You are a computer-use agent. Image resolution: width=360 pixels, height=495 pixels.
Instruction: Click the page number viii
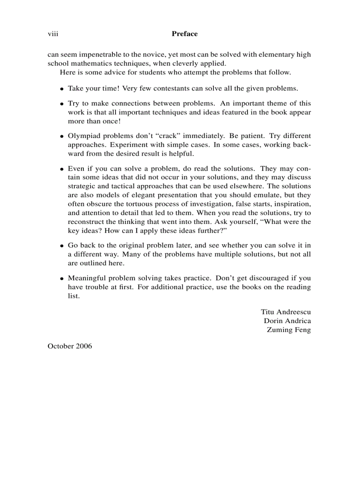coord(53,34)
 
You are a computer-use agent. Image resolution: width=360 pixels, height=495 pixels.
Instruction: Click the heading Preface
coord(184,34)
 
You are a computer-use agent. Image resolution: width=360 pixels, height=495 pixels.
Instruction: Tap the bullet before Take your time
coord(63,89)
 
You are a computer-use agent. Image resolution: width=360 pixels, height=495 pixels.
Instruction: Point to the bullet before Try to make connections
coord(63,104)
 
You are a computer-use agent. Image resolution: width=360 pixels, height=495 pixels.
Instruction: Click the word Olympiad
coord(83,136)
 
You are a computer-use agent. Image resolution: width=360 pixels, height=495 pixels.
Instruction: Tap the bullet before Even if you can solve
coord(63,169)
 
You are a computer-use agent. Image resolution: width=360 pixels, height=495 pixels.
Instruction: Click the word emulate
coord(266,195)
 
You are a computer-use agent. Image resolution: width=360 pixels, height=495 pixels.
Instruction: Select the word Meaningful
coord(87,278)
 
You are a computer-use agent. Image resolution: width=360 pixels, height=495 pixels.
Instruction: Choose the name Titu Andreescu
coord(285,312)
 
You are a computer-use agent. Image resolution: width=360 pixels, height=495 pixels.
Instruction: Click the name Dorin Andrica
coord(287,321)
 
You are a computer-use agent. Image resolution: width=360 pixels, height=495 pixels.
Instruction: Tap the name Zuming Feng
coord(289,330)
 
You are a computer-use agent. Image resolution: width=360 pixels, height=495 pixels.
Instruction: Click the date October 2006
coord(70,346)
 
